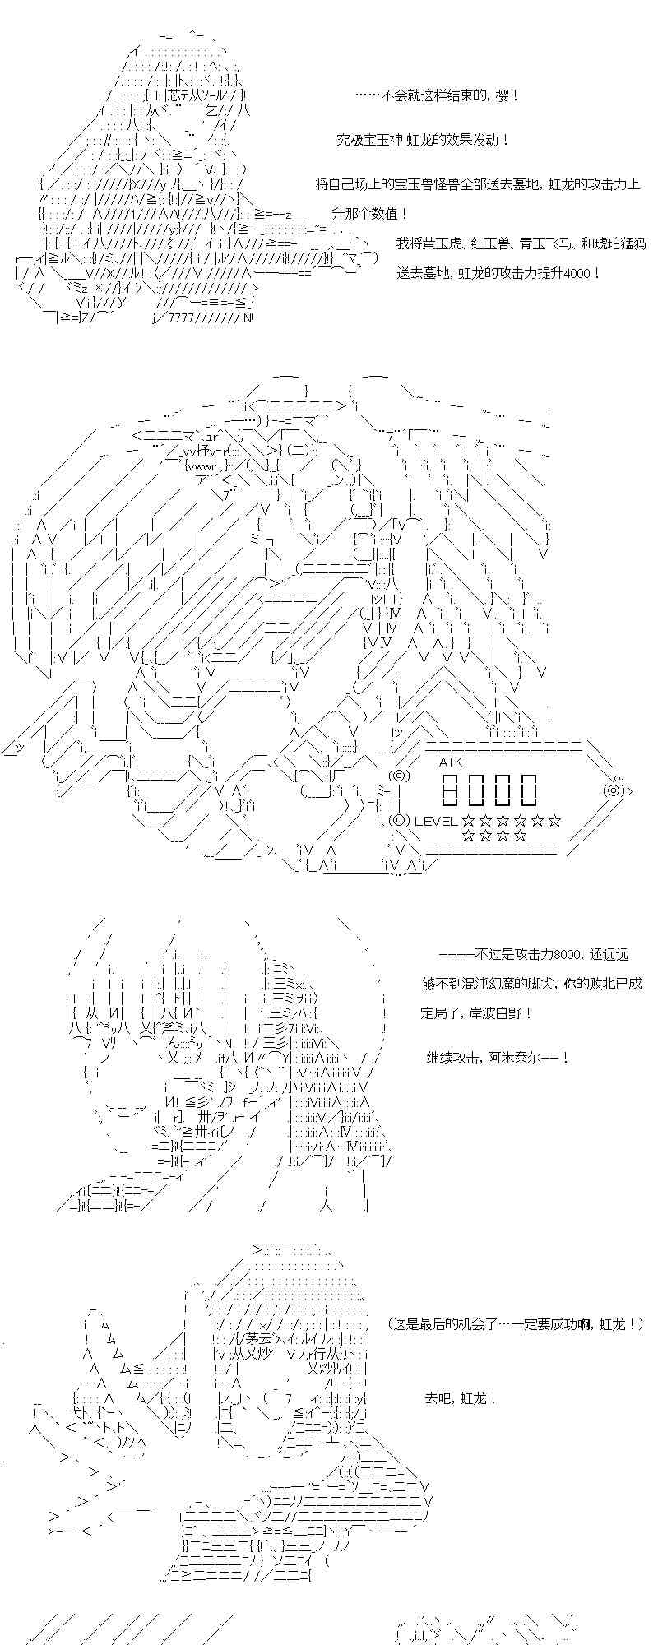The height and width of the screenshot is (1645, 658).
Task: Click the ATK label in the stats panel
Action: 451,762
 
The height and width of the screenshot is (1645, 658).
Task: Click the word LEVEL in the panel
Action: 436,820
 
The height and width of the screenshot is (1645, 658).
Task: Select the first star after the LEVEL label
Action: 468,820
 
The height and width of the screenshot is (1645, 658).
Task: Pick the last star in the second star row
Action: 521,836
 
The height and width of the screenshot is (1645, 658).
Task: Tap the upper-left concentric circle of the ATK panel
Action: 398,776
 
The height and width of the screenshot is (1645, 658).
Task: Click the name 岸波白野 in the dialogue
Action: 491,1012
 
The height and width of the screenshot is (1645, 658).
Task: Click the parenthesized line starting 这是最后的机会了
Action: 515,1324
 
